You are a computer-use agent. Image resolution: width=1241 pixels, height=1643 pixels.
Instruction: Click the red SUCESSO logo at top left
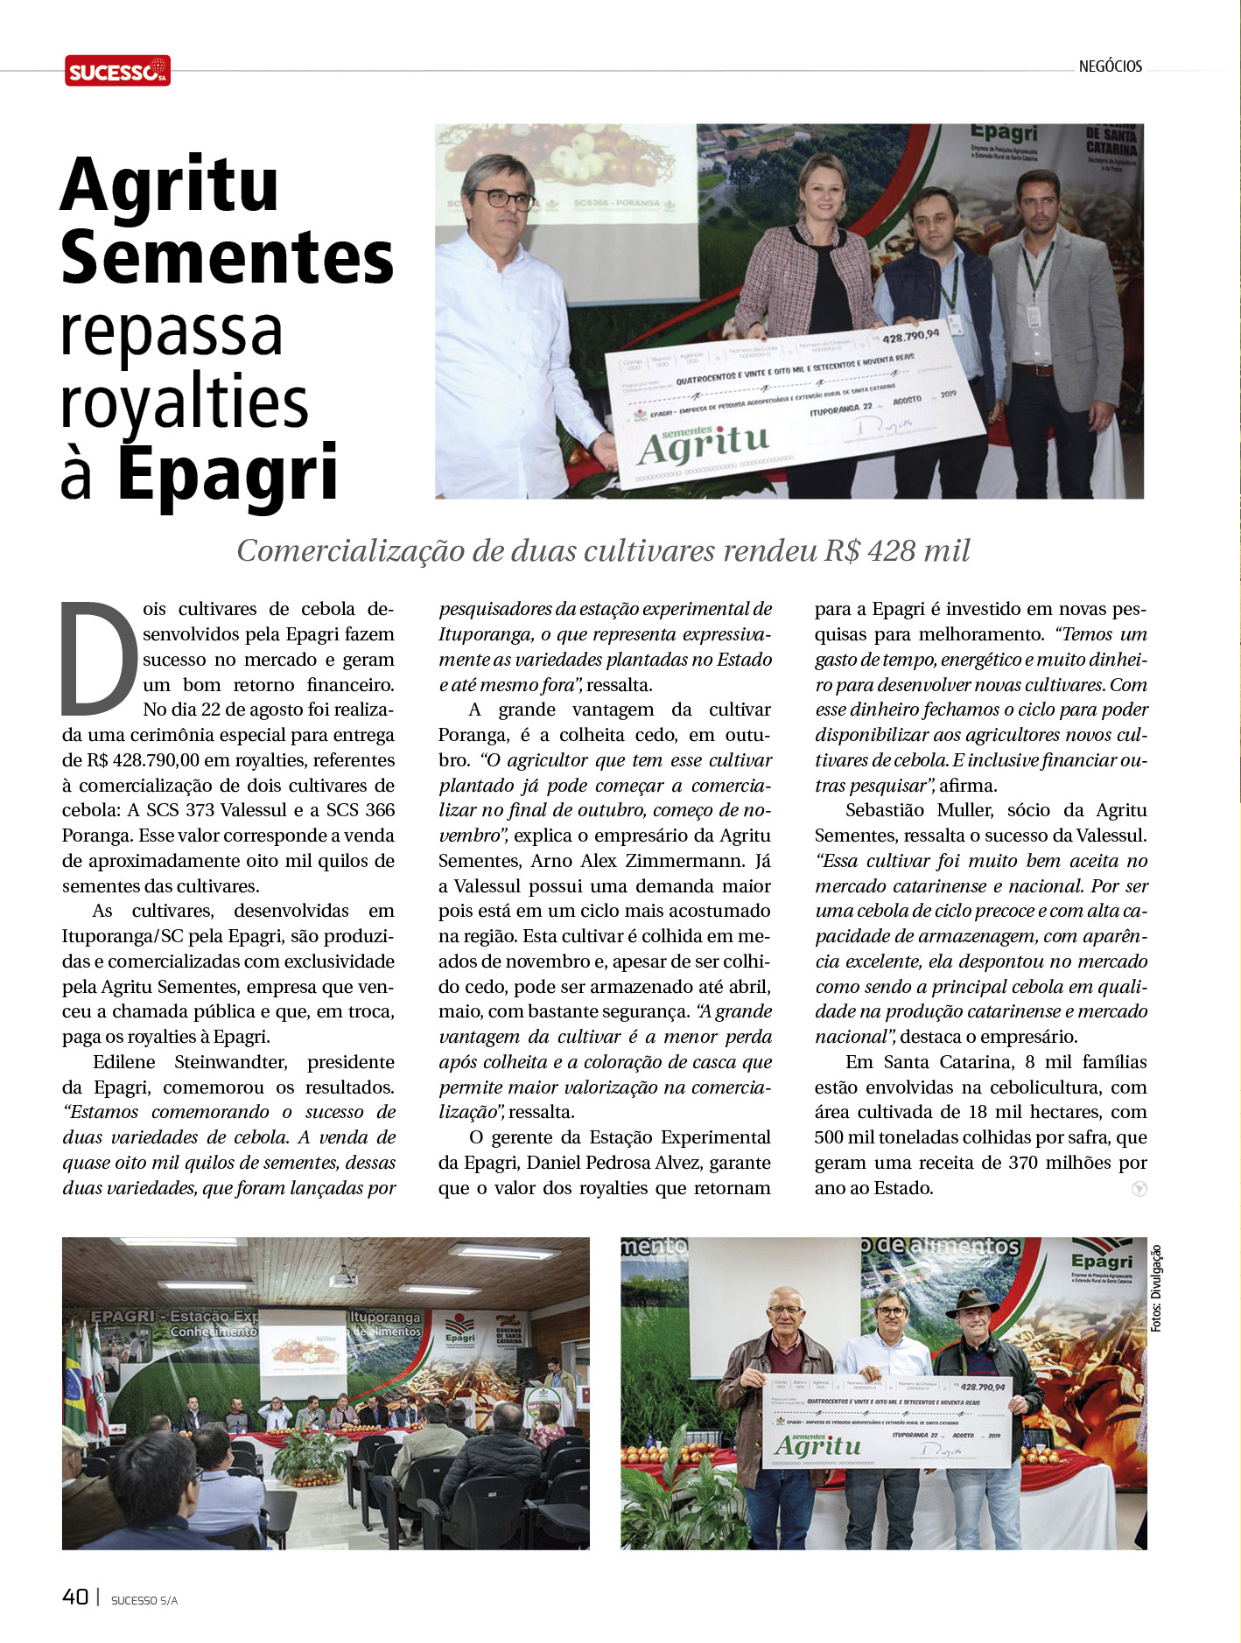117,71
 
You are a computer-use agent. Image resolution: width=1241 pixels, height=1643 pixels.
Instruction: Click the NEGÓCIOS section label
1110,66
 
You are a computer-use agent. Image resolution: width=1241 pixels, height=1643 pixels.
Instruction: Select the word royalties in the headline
185,403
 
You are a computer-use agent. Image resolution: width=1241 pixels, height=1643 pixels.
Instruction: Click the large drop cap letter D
99,658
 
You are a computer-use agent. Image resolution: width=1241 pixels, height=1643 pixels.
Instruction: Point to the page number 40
75,1597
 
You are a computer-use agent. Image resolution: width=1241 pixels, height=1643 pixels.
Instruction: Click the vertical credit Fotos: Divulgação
1156,1288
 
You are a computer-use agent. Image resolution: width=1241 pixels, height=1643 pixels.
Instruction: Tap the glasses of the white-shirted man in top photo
504,199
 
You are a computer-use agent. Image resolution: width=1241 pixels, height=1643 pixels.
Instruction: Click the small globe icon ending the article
1139,1189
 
